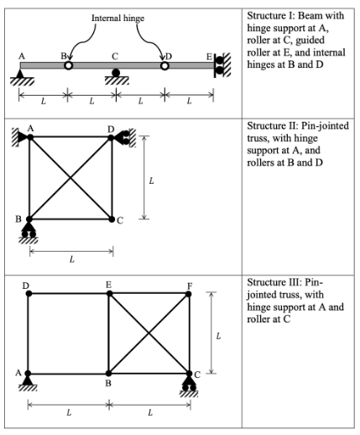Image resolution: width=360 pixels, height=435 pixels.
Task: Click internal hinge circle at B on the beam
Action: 69,66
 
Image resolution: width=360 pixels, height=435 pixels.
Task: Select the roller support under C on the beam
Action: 116,74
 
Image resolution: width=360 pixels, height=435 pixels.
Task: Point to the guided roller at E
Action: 220,66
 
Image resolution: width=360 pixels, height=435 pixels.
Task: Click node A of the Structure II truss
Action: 29,137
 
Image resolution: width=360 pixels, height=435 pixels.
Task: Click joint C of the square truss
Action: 112,219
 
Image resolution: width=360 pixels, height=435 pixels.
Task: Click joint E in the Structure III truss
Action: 109,293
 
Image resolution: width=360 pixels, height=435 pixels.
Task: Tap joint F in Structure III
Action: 190,293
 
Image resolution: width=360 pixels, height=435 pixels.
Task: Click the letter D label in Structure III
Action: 26,285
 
